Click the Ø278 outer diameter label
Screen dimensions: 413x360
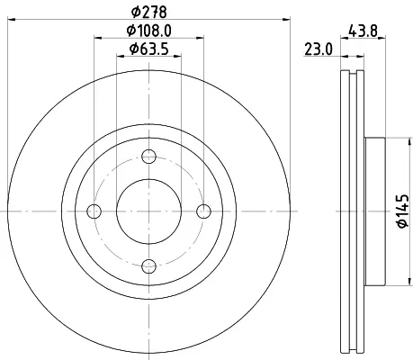point(148,12)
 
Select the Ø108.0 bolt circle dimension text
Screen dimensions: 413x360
point(148,31)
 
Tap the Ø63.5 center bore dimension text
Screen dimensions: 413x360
point(148,49)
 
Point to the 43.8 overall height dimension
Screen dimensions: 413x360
point(363,31)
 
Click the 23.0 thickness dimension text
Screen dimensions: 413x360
point(319,49)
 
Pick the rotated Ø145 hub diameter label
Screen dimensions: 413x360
point(403,211)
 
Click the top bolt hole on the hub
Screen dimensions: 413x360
point(148,157)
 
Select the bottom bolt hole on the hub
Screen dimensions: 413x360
point(148,266)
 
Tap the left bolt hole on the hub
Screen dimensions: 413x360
point(94,211)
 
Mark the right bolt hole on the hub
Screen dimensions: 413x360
point(203,211)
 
